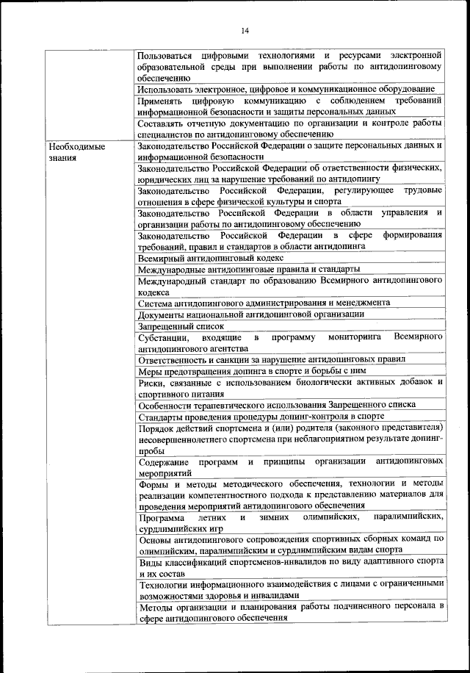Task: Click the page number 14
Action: [245, 29]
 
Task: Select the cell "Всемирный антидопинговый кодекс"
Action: [210, 258]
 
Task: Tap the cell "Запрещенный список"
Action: [181, 325]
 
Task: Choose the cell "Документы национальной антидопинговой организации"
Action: [250, 314]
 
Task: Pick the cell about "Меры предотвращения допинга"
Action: [254, 370]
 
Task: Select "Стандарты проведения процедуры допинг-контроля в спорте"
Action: [261, 415]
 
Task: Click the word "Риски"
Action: [152, 382]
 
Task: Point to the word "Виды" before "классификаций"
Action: [150, 562]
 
